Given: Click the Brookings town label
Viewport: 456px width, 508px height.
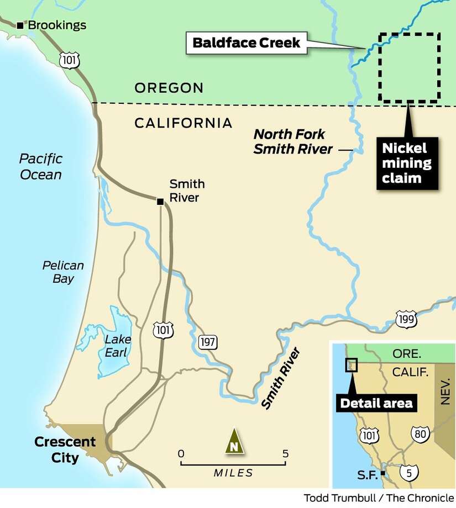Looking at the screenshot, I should coord(57,25).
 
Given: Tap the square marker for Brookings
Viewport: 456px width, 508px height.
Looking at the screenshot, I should coord(20,25).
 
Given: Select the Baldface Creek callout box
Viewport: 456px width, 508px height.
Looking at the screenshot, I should coord(247,43).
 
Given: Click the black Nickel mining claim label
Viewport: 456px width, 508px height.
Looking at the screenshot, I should coord(407,163).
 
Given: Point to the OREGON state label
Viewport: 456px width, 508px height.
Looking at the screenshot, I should coord(169,88).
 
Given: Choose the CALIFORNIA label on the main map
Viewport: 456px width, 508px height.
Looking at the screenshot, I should coord(183,123).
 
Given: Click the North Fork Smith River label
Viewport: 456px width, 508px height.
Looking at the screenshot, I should coord(293,141).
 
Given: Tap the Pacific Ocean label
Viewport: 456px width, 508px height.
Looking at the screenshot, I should coord(40,167).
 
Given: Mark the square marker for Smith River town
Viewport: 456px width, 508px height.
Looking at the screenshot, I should coord(160,202).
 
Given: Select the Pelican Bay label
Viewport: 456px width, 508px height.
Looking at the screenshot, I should coord(63,272).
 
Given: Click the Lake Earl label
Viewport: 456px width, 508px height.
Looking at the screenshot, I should coord(116,346).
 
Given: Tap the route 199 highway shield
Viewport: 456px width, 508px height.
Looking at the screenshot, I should coord(406,319).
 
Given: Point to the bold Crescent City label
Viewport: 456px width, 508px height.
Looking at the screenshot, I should coord(65,449).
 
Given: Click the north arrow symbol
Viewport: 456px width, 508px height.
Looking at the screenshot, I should coord(234,441).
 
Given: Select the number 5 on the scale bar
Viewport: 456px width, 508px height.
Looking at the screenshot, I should coord(285,454).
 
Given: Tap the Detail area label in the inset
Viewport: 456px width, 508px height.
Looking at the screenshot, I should coord(376,403).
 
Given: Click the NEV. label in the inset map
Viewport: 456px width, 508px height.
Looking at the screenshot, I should coord(446,391).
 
